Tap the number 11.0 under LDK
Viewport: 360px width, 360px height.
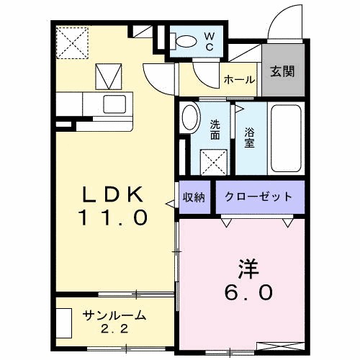pos(114,215)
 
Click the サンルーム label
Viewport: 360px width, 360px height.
pos(114,315)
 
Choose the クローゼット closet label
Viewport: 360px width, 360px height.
pos(258,197)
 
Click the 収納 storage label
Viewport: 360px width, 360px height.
pos(194,197)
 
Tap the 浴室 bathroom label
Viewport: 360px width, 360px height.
pos(250,138)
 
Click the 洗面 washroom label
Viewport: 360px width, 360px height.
pos(215,130)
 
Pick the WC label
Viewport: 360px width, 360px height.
pos(210,40)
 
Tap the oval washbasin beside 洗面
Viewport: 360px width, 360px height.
pos(190,117)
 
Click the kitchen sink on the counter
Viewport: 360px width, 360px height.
pos(114,104)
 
